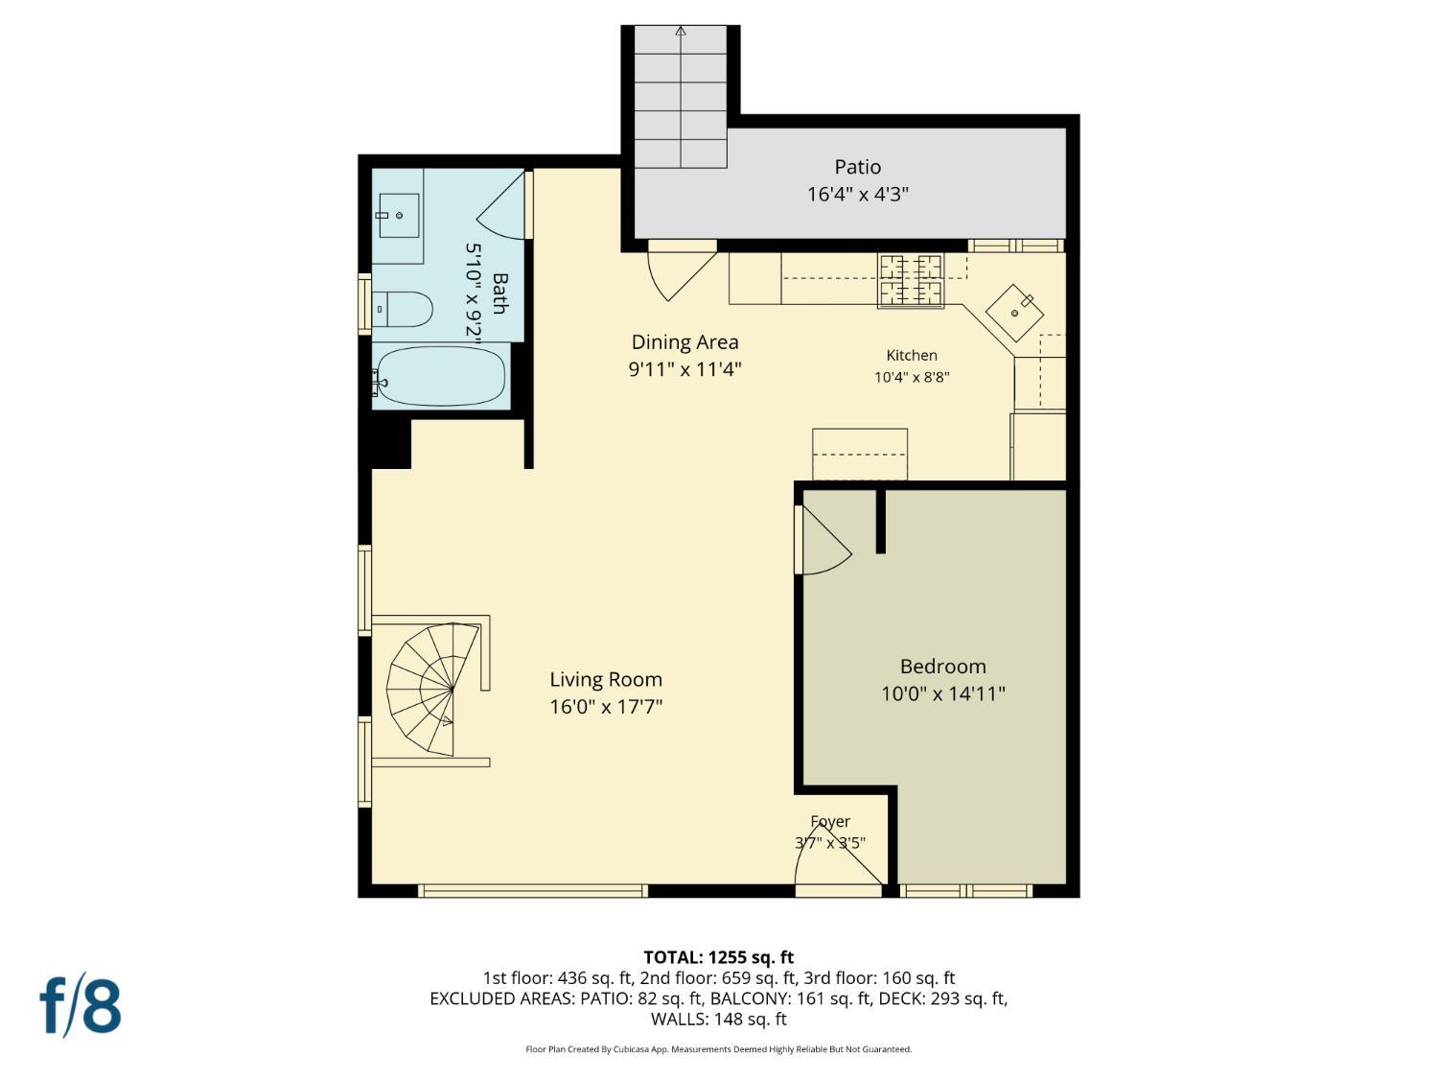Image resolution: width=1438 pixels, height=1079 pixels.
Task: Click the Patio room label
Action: click(x=857, y=167)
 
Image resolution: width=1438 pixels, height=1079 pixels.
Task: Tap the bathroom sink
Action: click(x=398, y=216)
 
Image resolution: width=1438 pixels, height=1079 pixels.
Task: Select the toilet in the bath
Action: click(x=403, y=309)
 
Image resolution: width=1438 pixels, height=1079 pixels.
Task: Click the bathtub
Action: click(x=442, y=376)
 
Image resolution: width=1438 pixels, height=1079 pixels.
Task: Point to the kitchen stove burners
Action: click(x=910, y=281)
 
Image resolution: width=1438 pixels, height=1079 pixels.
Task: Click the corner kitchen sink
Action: click(x=1014, y=314)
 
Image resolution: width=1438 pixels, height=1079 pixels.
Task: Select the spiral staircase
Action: click(x=432, y=689)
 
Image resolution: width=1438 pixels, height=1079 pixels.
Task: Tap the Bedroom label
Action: click(x=942, y=667)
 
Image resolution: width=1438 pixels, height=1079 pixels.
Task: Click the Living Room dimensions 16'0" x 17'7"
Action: click(x=606, y=707)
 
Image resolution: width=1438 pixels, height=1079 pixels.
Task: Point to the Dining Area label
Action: click(x=684, y=342)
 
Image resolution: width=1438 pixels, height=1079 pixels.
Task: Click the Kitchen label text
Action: click(x=912, y=355)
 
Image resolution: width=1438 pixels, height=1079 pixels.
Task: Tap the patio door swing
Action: click(x=682, y=270)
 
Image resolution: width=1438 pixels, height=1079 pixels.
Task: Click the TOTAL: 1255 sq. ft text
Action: click(x=719, y=958)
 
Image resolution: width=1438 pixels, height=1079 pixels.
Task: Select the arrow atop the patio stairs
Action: click(x=681, y=31)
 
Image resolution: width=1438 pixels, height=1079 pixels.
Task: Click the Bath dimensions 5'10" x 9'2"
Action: click(x=473, y=290)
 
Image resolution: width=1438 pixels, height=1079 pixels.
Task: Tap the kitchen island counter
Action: click(x=860, y=454)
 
